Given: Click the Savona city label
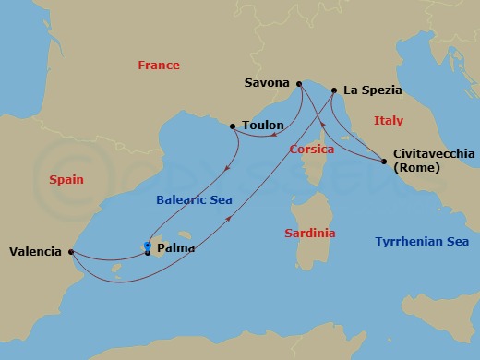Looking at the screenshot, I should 268,83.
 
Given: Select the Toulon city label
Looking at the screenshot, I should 262,125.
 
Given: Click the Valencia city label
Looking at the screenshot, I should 35,251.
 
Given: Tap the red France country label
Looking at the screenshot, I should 158,66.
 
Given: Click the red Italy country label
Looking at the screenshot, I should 389,121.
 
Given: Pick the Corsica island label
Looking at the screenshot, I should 311,149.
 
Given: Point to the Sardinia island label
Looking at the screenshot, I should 310,234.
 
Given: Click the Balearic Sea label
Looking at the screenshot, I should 194,199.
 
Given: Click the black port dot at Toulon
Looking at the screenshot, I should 232,125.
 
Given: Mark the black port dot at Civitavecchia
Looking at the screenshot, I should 384,162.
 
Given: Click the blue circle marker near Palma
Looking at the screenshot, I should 148,245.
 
